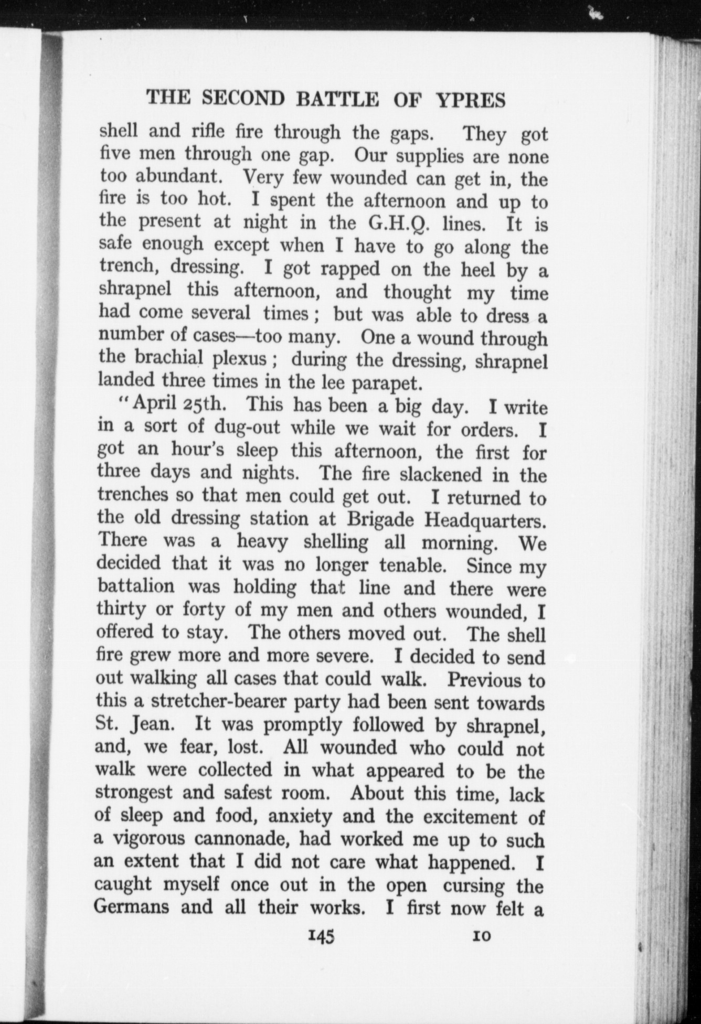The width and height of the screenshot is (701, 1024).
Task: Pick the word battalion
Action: tap(137, 588)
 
